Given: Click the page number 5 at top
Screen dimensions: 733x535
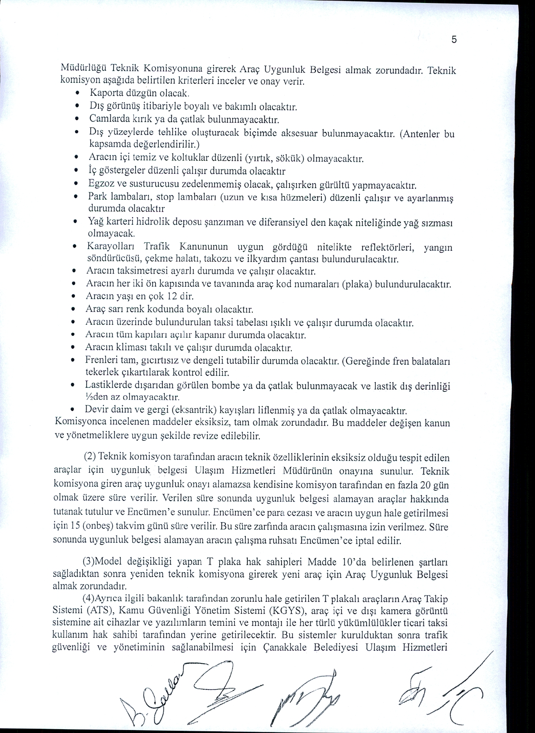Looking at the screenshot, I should (x=454, y=40).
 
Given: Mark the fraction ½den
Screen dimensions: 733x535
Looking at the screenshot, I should (x=97, y=398).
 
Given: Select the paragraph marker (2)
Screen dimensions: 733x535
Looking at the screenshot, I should (x=90, y=457).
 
